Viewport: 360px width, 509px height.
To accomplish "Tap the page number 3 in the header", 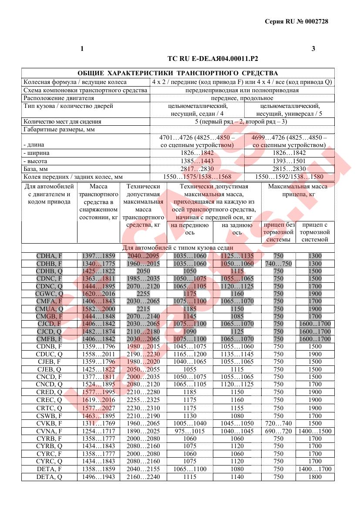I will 313,49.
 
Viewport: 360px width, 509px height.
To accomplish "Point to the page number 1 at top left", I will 82,49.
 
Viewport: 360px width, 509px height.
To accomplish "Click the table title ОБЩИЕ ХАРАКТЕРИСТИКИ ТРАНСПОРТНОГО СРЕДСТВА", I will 178,73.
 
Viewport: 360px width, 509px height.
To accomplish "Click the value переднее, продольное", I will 242,98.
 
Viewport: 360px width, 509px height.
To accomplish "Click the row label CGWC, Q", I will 49,294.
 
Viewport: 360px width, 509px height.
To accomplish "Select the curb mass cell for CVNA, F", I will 98,431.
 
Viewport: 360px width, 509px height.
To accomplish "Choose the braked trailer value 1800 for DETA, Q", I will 315,477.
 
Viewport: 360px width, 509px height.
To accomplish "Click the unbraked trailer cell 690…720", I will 278,431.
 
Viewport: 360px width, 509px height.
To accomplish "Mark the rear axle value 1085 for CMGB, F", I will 237,316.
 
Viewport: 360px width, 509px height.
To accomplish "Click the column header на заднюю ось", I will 237,229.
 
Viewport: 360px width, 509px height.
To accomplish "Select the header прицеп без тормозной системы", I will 279,232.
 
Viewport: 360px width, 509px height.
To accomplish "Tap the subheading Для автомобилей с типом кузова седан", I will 178,248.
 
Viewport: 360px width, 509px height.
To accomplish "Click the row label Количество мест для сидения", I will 62,121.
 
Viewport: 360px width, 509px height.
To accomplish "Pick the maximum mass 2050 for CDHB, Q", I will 143,271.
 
